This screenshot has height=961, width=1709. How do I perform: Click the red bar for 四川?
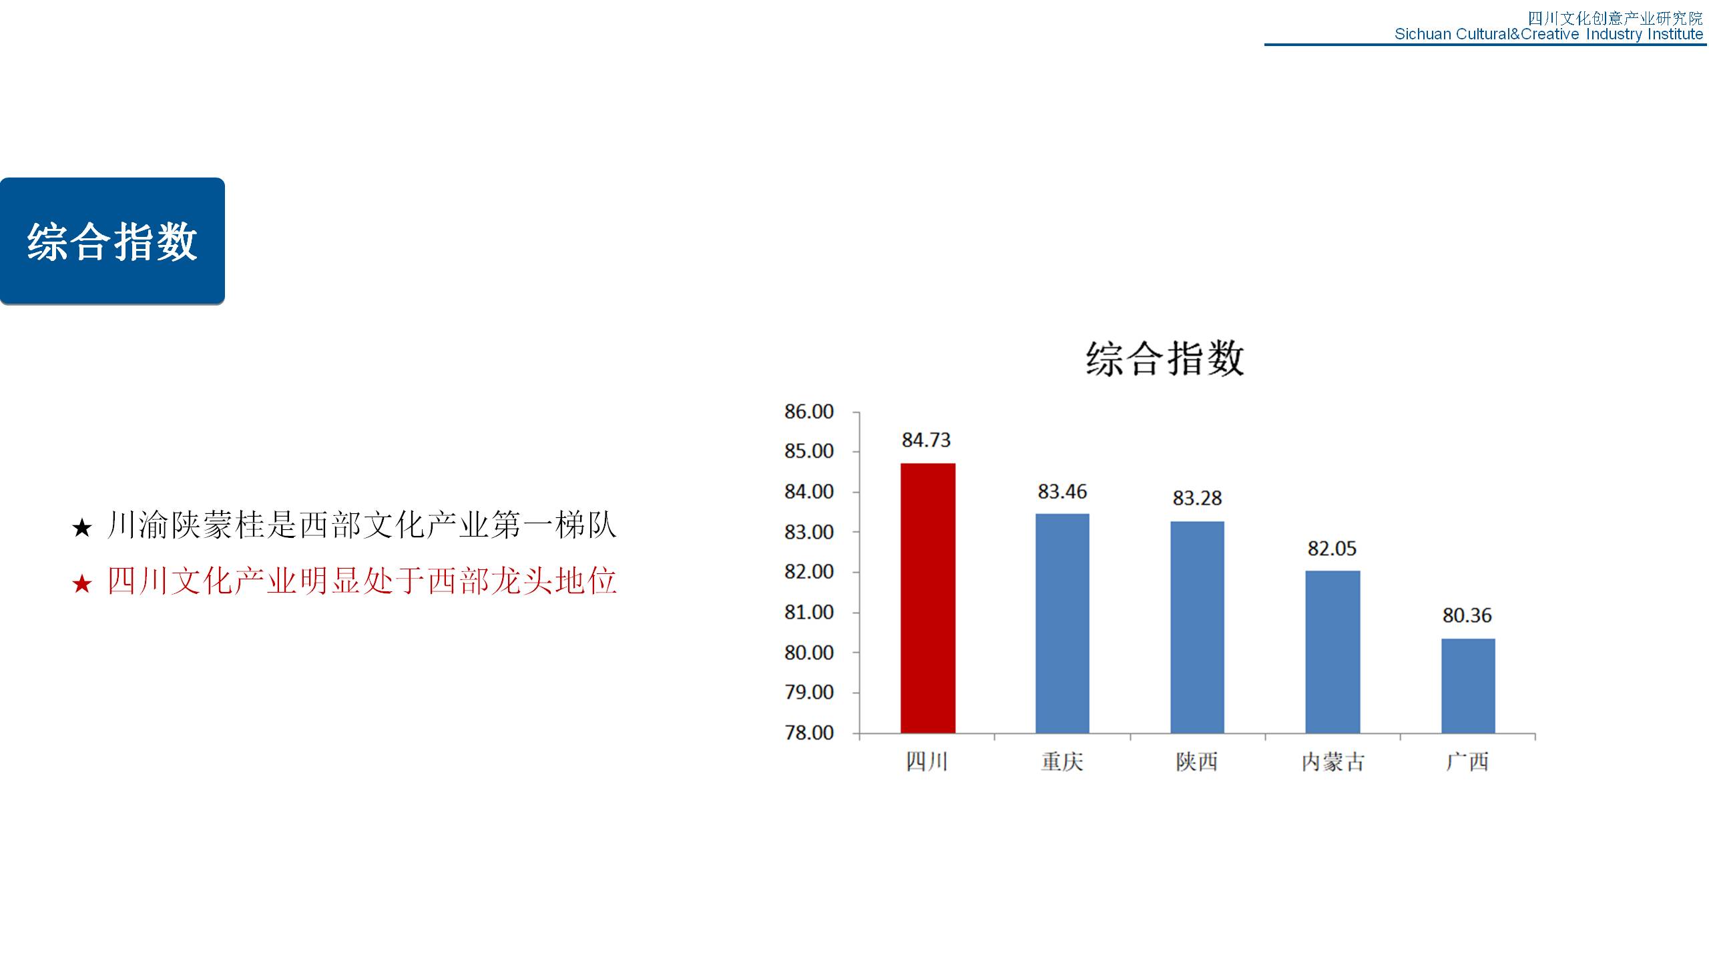pyautogui.click(x=927, y=598)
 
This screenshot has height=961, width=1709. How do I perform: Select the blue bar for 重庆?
pyautogui.click(x=1062, y=623)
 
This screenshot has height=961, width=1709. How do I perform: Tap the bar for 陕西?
pyautogui.click(x=1197, y=627)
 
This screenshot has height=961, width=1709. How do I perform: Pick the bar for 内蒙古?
pyautogui.click(x=1332, y=652)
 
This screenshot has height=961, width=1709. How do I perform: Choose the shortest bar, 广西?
pyautogui.click(x=1468, y=686)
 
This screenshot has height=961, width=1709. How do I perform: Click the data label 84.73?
pyautogui.click(x=926, y=440)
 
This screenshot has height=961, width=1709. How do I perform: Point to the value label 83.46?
pyautogui.click(x=1062, y=492)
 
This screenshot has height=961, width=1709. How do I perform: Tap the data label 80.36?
pyautogui.click(x=1467, y=615)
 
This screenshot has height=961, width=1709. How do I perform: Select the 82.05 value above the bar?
pyautogui.click(x=1332, y=549)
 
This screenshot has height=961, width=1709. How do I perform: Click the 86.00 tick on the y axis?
pyautogui.click(x=809, y=412)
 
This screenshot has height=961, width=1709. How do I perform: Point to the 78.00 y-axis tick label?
pyautogui.click(x=809, y=733)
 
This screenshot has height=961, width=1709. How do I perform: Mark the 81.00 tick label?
pyautogui.click(x=809, y=612)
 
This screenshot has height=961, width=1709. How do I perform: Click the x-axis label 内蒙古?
pyautogui.click(x=1332, y=762)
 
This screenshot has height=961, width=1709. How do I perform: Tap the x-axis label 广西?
pyautogui.click(x=1467, y=761)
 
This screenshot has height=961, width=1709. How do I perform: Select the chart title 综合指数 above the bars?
pyautogui.click(x=1165, y=358)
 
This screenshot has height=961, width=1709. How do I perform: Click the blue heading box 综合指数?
pyautogui.click(x=112, y=241)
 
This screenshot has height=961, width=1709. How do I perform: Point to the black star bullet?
pyautogui.click(x=81, y=529)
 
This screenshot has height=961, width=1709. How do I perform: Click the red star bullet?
pyautogui.click(x=81, y=584)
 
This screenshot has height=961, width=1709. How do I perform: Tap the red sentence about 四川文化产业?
pyautogui.click(x=361, y=581)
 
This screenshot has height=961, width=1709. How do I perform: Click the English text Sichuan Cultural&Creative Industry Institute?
pyautogui.click(x=1549, y=34)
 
